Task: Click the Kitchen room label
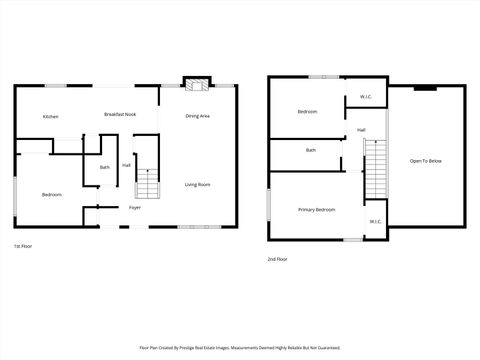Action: coord(50,117)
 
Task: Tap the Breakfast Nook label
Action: coord(120,115)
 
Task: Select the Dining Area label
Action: coord(197,116)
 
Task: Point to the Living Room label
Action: coord(197,185)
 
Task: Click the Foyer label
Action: coord(134,208)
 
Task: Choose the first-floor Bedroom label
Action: coord(51,194)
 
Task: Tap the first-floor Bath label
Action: coord(104,167)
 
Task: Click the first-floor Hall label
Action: coord(127,165)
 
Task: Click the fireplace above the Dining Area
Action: coord(195,83)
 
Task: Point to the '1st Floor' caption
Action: coord(23,245)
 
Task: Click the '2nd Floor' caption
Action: coord(277,259)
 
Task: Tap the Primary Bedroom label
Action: coord(316,210)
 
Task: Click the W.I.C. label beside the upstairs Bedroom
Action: coord(366,97)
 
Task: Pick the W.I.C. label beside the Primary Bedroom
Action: coord(375,222)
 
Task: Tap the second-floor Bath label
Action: coord(311,150)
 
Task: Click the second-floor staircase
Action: coord(375,170)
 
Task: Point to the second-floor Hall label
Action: coord(361,130)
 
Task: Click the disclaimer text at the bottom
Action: coord(240,348)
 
